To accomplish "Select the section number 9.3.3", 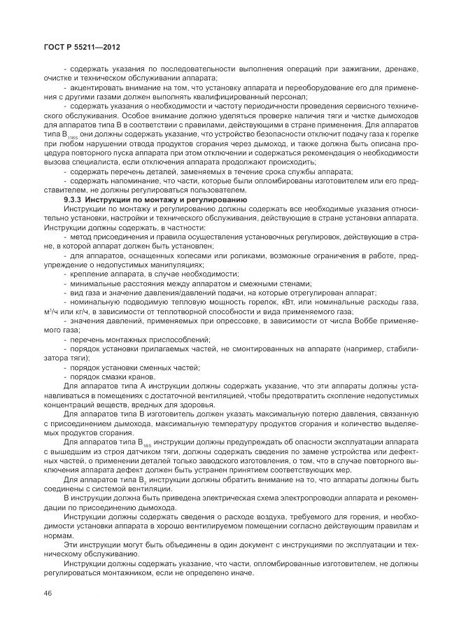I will (x=73, y=200).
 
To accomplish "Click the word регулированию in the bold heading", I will (x=214, y=200).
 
